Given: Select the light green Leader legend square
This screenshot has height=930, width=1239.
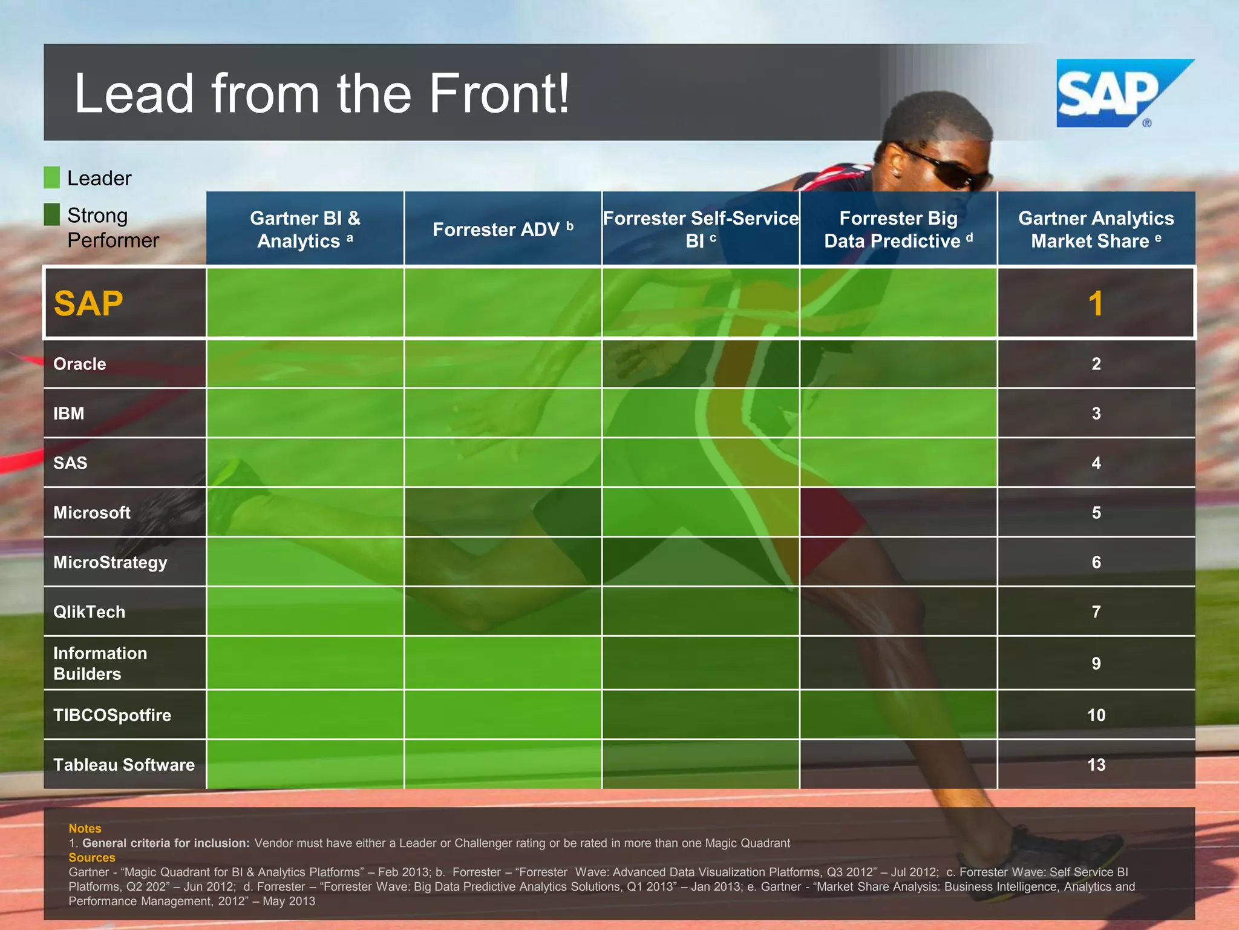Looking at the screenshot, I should click(x=52, y=177).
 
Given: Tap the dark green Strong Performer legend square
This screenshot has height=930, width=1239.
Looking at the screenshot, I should click(x=52, y=214).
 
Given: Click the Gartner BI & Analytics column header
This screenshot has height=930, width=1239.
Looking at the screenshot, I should click(x=305, y=229).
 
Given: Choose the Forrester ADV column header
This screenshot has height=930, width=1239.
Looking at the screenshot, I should click(x=503, y=229).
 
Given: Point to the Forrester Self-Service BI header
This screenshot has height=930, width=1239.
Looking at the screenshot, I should click(x=701, y=229).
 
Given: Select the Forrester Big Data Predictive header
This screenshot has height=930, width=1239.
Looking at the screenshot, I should click(x=898, y=229).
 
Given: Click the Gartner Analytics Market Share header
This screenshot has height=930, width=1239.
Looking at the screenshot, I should click(x=1096, y=229).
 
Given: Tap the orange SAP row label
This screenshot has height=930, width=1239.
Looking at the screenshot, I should click(x=88, y=303).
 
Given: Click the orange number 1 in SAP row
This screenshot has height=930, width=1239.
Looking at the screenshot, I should click(x=1096, y=303).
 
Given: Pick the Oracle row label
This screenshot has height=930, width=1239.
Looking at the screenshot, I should click(x=80, y=364).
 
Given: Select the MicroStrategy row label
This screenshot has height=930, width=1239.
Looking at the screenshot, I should click(x=110, y=562).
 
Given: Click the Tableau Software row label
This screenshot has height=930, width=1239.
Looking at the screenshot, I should click(x=124, y=765).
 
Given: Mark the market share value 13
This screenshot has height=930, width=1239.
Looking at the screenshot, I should click(x=1096, y=765).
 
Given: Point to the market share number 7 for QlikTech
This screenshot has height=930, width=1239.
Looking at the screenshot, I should click(x=1096, y=612).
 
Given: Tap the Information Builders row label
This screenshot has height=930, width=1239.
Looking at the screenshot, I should click(x=100, y=663).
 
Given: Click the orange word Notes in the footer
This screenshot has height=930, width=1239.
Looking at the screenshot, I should click(x=85, y=828).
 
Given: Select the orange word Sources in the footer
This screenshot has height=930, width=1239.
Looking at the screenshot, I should click(x=92, y=857).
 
